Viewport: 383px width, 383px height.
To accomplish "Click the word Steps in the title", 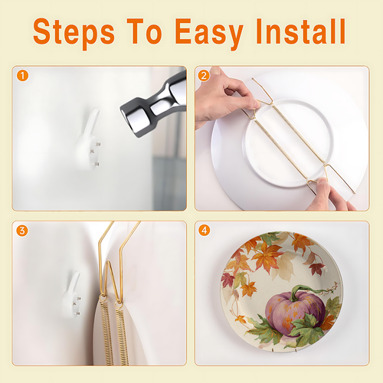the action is click(x=74, y=33).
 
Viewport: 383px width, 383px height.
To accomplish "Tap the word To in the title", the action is click(x=144, y=31).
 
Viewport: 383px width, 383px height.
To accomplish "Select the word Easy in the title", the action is click(x=208, y=33).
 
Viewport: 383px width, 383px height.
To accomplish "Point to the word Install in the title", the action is click(x=301, y=31).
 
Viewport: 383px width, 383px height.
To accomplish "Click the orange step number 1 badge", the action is click(x=22, y=76).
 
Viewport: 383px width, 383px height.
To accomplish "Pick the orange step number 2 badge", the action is click(x=204, y=76).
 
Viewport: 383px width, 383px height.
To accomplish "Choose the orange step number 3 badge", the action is click(x=22, y=231).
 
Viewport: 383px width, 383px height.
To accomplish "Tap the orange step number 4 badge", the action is click(x=204, y=231).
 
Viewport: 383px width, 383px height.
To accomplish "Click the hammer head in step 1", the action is click(x=153, y=105).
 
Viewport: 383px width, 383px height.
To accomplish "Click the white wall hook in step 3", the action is click(x=72, y=295).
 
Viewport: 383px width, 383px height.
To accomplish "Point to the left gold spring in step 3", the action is click(x=106, y=332).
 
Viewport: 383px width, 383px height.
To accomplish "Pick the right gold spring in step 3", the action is click(x=122, y=335).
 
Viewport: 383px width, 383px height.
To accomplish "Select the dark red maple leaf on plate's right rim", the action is click(x=316, y=269).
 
